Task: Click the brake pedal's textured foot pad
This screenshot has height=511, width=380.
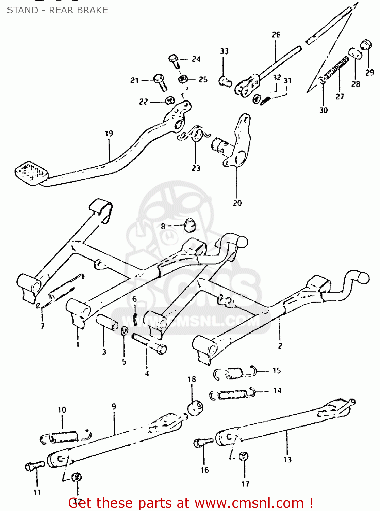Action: tap(31, 173)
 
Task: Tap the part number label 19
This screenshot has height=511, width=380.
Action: tap(109, 134)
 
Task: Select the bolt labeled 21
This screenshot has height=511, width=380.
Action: tap(160, 82)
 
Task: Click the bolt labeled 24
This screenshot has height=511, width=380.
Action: tap(174, 61)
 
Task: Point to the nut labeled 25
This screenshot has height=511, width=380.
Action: tap(183, 79)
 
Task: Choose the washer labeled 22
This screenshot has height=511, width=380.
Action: tap(170, 100)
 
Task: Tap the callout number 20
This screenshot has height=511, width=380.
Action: tap(237, 203)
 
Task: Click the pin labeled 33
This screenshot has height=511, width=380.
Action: tap(225, 81)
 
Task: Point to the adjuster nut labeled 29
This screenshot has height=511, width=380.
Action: tap(366, 44)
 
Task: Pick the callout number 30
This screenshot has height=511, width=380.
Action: tap(323, 110)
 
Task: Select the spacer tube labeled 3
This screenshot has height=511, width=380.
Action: tap(107, 322)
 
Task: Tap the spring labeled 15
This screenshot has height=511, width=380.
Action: tap(234, 373)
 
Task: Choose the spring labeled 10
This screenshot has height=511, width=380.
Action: tap(63, 436)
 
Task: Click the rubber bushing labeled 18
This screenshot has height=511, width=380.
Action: tap(196, 407)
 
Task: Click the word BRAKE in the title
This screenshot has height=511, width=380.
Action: tap(92, 10)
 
